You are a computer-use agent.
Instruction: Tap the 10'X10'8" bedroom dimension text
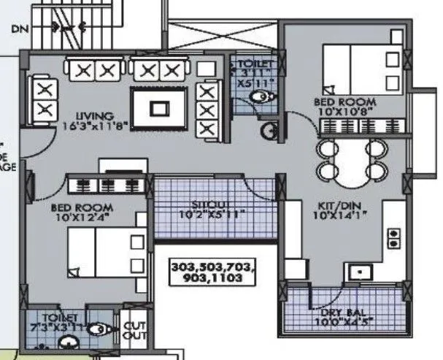click(x=344, y=112)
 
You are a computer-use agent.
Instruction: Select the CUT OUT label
click(x=135, y=331)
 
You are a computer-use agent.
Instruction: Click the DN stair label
click(x=19, y=30)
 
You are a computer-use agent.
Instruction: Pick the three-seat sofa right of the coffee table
click(x=208, y=110)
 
